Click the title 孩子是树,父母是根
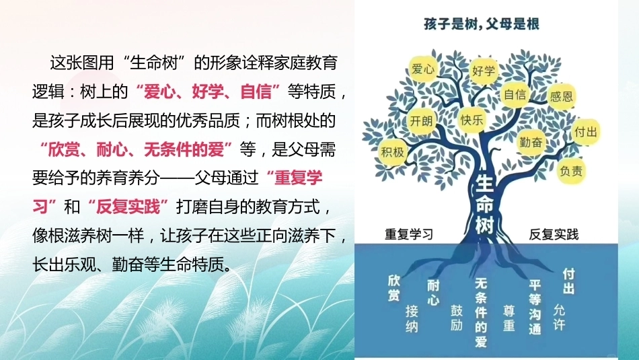coord(482,24)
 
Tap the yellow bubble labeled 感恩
coord(562,96)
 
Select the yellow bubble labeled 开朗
coord(421,120)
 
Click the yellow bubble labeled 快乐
coord(472,120)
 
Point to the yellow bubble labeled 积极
coord(392,152)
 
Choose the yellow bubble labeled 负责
coord(571,171)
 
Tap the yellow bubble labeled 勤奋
coord(531,142)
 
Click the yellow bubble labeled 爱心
coord(422,69)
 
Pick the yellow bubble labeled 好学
coord(484,71)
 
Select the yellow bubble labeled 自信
coord(515,95)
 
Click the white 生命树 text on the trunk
coord(484,204)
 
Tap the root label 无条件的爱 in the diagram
coord(482,312)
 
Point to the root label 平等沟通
coord(535,307)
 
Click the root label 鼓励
coord(457,318)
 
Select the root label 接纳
coord(412,319)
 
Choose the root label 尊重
coord(509,318)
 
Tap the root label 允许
coord(559,317)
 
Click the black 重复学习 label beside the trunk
coord(409,234)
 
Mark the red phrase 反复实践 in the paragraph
coord(128,207)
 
